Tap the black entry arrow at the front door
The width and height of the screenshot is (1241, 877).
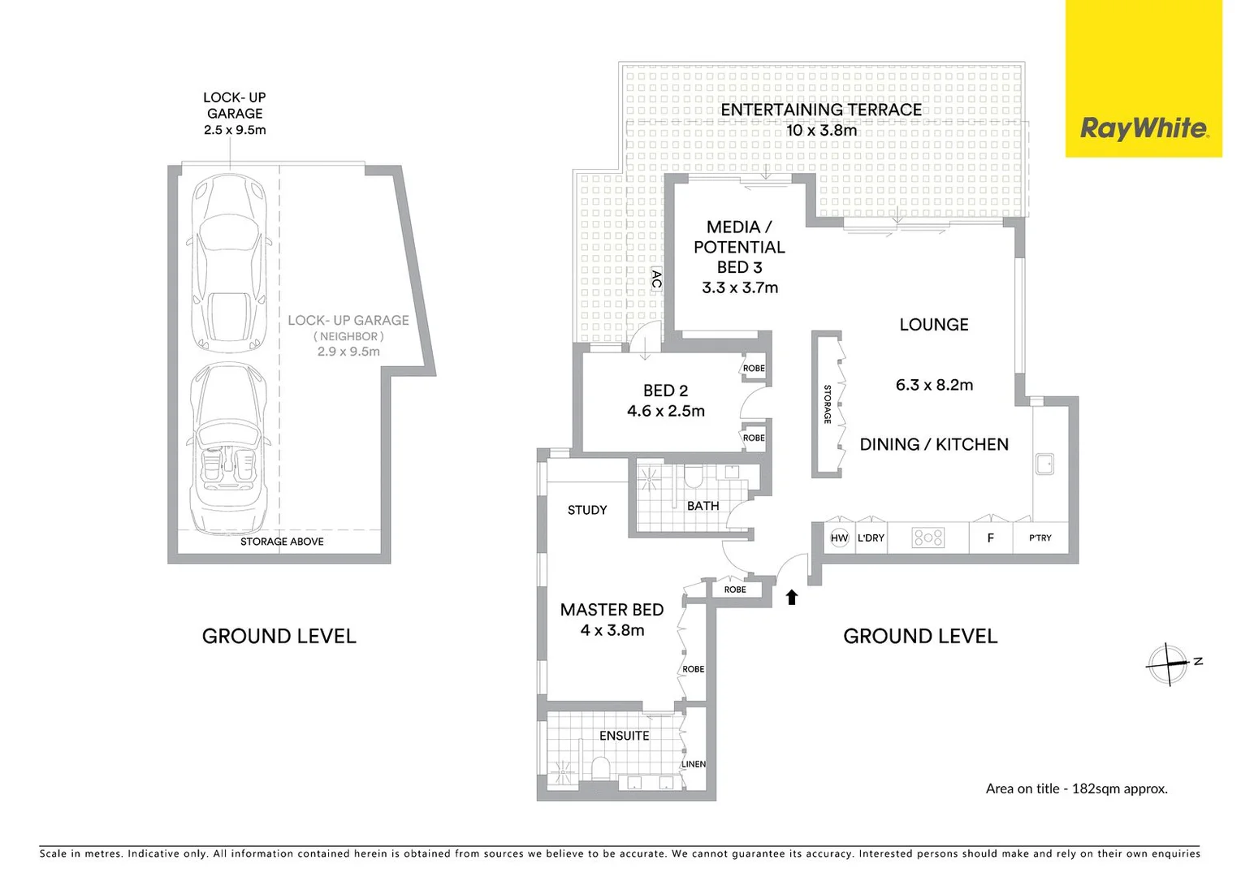(792, 597)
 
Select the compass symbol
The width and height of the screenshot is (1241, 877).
(1169, 663)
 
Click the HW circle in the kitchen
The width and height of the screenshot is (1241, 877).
(839, 538)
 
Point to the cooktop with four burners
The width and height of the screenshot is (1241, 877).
(928, 538)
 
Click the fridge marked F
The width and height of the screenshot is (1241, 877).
(991, 538)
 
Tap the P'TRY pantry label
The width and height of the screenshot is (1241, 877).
(1040, 538)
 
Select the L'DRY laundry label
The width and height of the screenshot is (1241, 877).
(871, 538)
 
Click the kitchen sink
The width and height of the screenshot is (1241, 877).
(1045, 464)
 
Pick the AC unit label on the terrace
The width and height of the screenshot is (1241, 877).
(656, 279)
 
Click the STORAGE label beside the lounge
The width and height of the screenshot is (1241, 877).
(827, 404)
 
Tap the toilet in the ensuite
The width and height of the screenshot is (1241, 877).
(600, 768)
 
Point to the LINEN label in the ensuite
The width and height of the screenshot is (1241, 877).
(693, 764)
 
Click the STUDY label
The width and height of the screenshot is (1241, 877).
(587, 510)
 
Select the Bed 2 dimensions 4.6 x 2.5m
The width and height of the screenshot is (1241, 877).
(666, 411)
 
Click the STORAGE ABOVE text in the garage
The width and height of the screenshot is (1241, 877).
(282, 542)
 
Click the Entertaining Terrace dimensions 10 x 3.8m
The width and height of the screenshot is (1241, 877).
(822, 130)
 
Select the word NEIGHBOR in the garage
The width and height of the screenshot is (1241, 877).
(348, 336)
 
